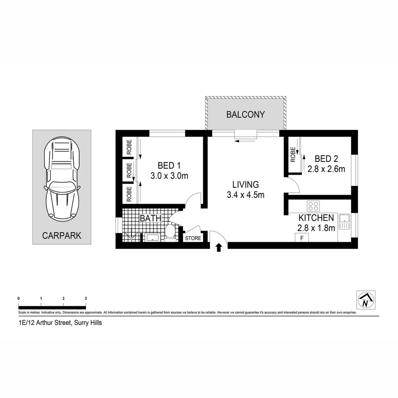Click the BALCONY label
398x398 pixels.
tap(245, 114)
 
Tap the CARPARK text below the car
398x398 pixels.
tap(62, 235)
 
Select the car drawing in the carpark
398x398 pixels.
tap(62, 179)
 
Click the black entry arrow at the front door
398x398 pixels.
tap(219, 247)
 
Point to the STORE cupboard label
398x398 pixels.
tap(193, 238)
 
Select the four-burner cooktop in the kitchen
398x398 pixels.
tap(314, 205)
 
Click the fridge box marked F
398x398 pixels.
tap(302, 238)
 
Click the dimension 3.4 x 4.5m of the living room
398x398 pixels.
tap(245, 195)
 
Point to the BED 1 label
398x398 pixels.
tap(169, 165)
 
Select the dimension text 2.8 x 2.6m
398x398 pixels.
tap(326, 169)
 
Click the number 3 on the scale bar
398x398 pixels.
tap(86, 298)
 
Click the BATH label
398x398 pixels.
tap(150, 218)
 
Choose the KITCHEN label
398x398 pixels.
tap(316, 218)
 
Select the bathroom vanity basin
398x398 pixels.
tap(152, 237)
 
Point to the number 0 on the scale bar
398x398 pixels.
tap(18, 298)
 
